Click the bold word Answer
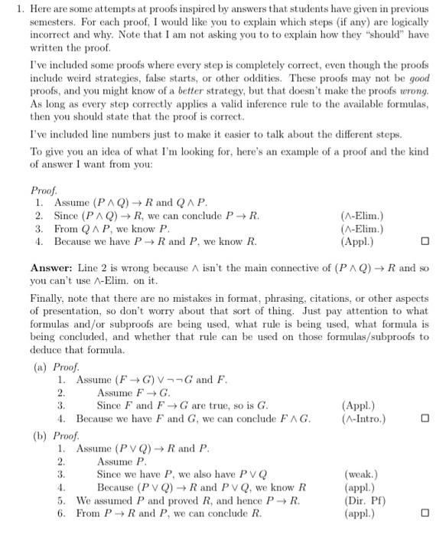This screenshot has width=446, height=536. pos(51,268)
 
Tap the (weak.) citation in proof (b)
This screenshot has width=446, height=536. pos(360,475)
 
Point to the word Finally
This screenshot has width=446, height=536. pos(48,297)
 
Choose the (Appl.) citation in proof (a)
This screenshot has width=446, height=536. pos(360,405)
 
